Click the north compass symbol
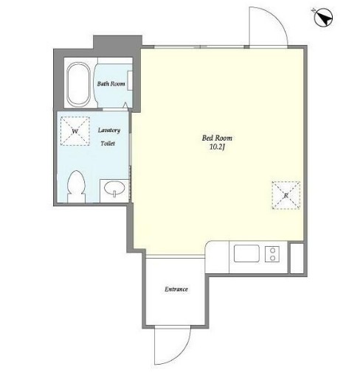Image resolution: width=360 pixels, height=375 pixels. click(x=323, y=17)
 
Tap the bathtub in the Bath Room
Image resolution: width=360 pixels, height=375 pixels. click(x=78, y=84)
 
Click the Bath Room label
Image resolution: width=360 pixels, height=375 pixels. click(x=111, y=84)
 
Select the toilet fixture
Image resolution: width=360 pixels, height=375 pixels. click(x=76, y=186)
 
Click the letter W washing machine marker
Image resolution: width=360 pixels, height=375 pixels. click(x=75, y=131)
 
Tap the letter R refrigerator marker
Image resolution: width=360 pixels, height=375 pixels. click(x=286, y=195)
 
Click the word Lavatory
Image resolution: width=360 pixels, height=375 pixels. click(x=109, y=130)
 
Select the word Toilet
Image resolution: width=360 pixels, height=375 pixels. click(x=108, y=144)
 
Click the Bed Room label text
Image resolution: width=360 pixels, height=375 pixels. click(x=217, y=138)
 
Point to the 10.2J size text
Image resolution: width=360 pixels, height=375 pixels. click(x=218, y=147)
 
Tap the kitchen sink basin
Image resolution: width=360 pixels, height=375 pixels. click(x=246, y=253)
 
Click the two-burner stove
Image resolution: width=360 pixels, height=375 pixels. click(x=272, y=254)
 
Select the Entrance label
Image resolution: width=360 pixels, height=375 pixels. click(x=176, y=290)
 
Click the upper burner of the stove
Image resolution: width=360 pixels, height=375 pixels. click(x=272, y=250)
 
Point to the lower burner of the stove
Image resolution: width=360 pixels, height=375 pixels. click(x=272, y=258)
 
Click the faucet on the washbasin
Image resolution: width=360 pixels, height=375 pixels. click(x=114, y=194)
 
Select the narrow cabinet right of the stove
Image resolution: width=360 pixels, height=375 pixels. click(x=297, y=258)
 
